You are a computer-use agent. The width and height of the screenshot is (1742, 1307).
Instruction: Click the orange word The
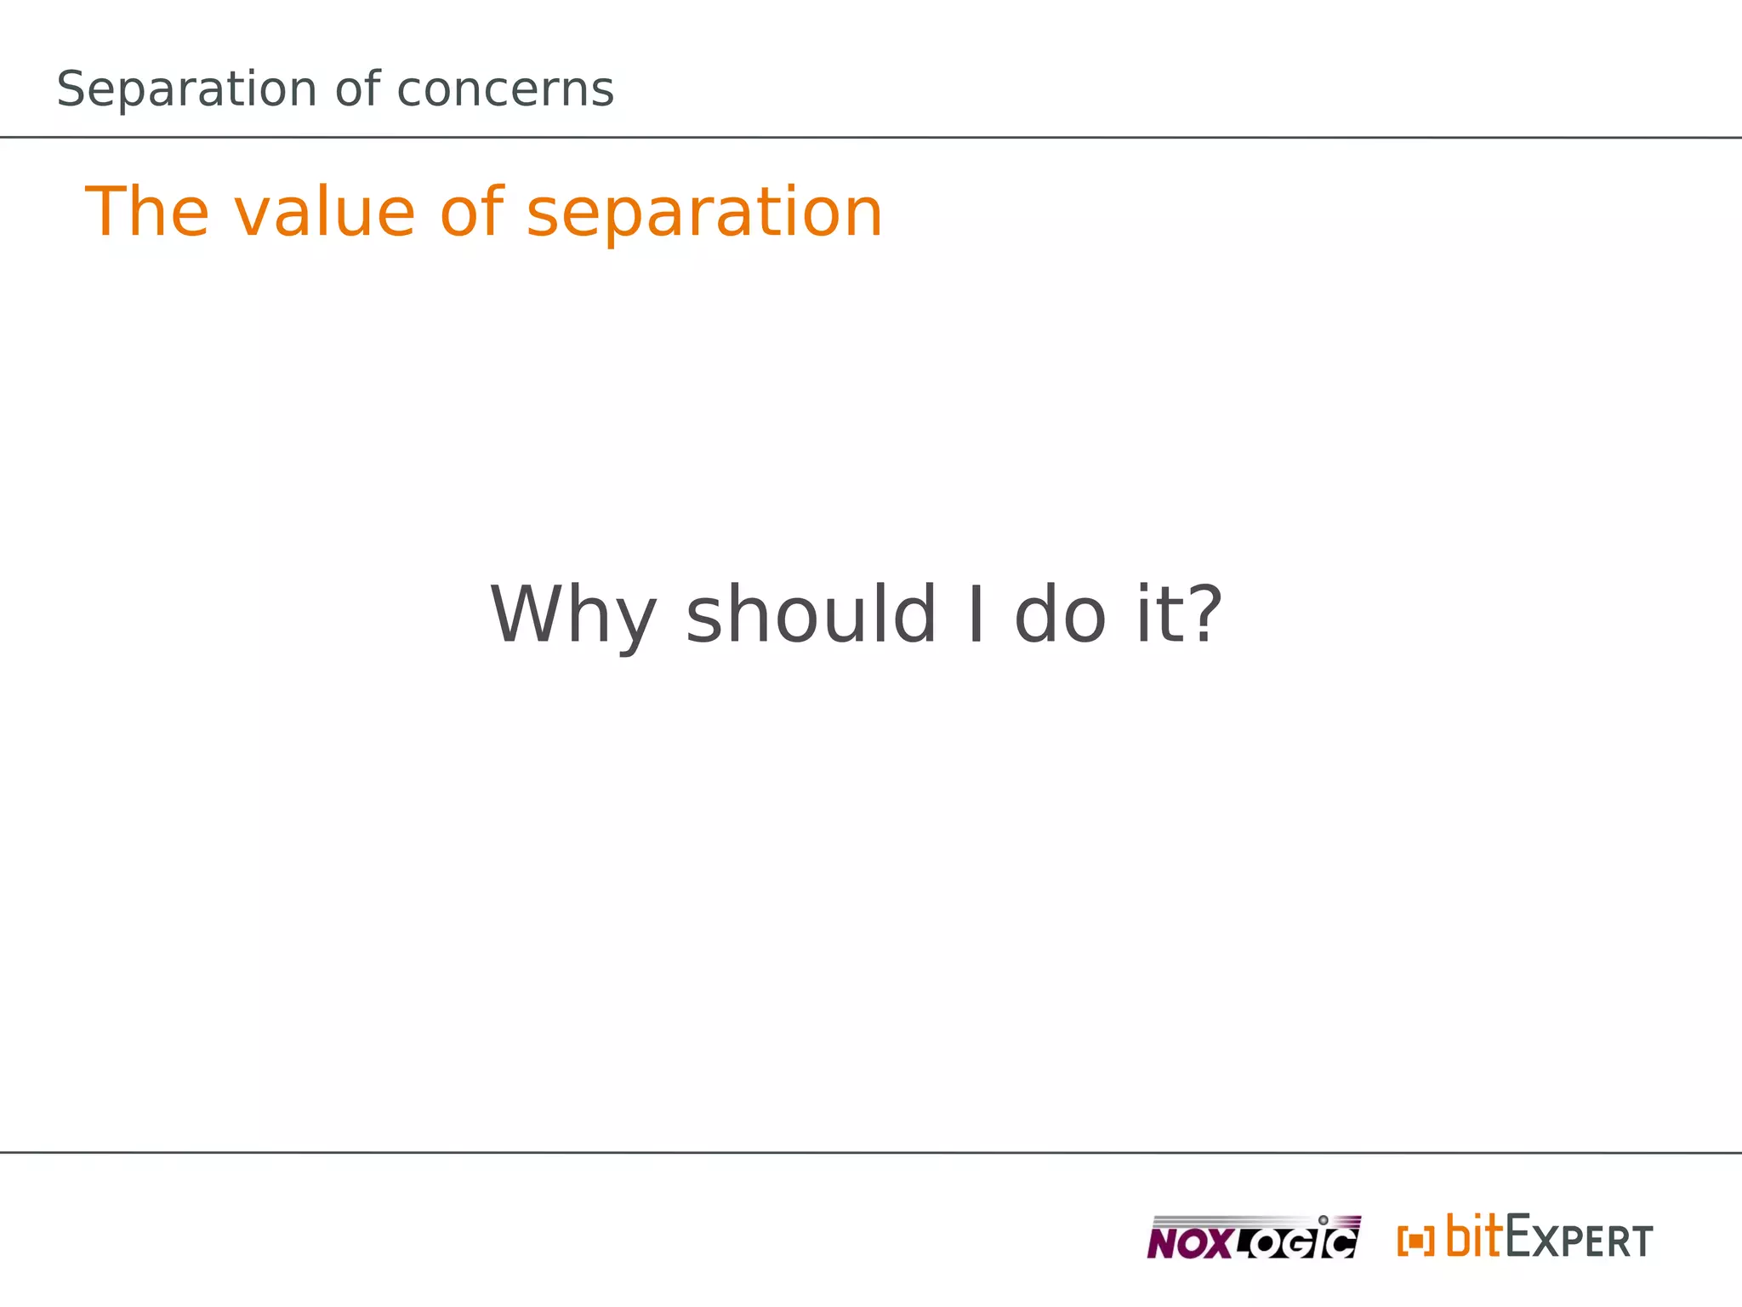click(146, 212)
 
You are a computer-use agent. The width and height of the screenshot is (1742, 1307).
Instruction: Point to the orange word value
click(324, 212)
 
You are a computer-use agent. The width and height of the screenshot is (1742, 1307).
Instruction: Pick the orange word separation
click(704, 212)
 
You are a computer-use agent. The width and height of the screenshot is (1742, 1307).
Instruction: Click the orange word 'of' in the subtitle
click(472, 212)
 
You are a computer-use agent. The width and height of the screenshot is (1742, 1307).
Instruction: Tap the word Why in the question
click(573, 614)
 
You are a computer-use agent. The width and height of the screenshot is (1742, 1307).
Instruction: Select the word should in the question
click(811, 614)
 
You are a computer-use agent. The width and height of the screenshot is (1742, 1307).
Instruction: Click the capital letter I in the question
click(976, 614)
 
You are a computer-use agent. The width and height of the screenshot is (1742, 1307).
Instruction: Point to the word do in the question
click(1060, 614)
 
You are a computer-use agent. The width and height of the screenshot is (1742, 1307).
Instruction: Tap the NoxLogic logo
click(1253, 1237)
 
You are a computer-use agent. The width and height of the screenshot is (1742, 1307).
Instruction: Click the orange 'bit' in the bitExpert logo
click(1475, 1236)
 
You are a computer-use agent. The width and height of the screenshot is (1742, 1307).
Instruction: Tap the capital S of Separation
click(71, 89)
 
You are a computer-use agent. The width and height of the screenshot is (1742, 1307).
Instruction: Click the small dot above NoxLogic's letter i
click(1323, 1220)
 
